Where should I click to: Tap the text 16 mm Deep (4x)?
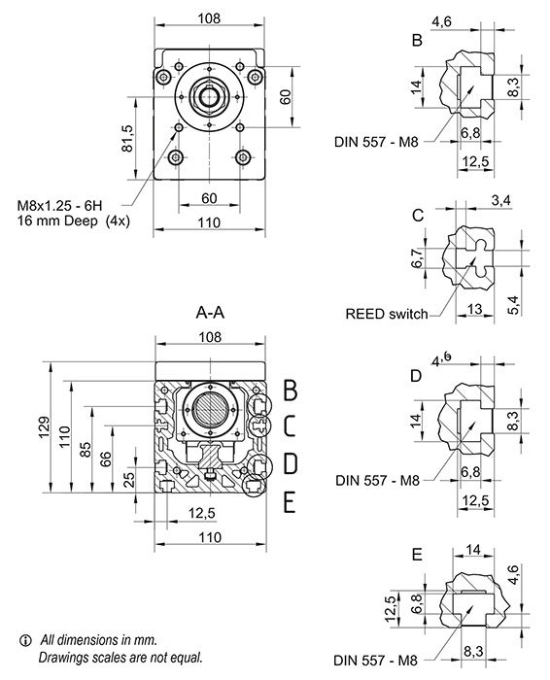tap(73, 221)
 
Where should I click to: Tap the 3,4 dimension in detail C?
tap(501, 200)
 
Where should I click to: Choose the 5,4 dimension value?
tap(513, 303)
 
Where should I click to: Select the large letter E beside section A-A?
tap(289, 502)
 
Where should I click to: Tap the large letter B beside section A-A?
tap(289, 390)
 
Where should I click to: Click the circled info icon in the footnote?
tap(25, 640)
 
